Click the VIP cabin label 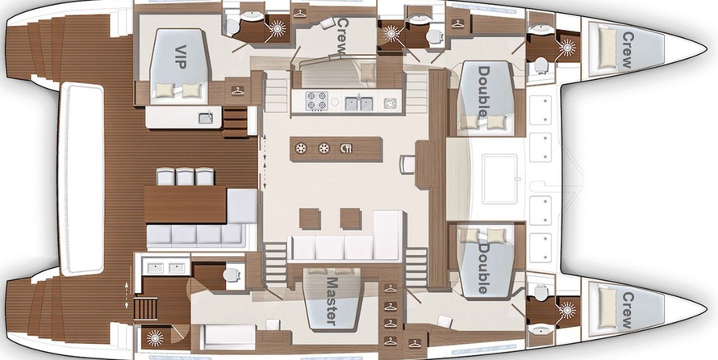click(x=180, y=57)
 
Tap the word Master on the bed click(x=331, y=300)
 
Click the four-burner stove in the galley click(x=316, y=101)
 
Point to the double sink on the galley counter click(x=359, y=103)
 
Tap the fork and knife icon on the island click(x=347, y=148)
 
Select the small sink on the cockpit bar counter click(x=205, y=118)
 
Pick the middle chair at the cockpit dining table click(x=185, y=177)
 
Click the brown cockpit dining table click(x=186, y=204)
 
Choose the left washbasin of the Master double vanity click(x=155, y=268)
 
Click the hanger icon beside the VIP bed click(x=237, y=90)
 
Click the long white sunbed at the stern click(x=81, y=178)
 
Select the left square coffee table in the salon click(x=310, y=219)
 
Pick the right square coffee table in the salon click(x=351, y=219)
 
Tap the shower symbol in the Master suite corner click(x=155, y=338)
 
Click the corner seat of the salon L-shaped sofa click(x=389, y=236)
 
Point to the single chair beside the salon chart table click(x=407, y=165)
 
